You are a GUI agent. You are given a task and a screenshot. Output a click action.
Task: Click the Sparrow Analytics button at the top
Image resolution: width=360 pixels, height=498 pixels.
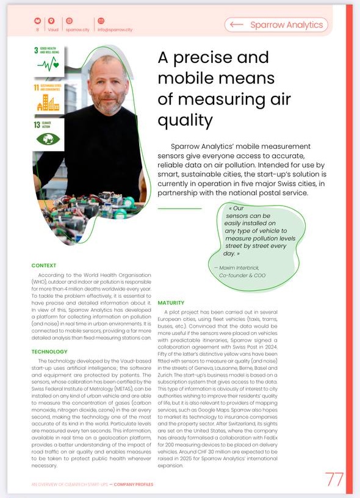pyautogui.click(x=276, y=25)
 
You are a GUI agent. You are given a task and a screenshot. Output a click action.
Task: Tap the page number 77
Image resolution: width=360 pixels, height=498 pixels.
pyautogui.click(x=334, y=479)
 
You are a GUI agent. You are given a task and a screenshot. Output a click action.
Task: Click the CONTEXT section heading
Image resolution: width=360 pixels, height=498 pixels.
pyautogui.click(x=44, y=265)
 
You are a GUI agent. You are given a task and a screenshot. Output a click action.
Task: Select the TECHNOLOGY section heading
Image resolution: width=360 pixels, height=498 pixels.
pyautogui.click(x=50, y=352)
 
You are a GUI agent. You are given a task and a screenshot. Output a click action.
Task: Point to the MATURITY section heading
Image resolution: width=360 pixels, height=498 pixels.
pyautogui.click(x=171, y=303)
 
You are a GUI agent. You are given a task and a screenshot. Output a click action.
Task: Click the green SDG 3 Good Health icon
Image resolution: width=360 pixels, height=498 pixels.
pyautogui.click(x=48, y=59)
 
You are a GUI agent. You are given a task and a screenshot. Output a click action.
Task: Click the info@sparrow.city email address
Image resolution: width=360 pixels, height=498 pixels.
pyautogui.click(x=115, y=29)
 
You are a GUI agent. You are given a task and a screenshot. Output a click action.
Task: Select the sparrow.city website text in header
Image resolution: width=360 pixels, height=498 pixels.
pyautogui.click(x=77, y=29)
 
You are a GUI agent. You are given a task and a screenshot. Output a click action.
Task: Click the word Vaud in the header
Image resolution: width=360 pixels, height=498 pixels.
pyautogui.click(x=52, y=29)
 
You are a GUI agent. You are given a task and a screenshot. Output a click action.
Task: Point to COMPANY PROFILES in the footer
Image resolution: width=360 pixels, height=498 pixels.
pyautogui.click(x=130, y=485)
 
